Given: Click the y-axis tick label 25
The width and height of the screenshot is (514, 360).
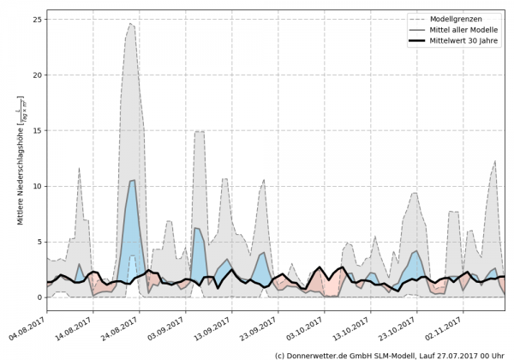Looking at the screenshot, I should [37, 20].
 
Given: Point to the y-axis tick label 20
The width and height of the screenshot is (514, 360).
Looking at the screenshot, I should [37, 75].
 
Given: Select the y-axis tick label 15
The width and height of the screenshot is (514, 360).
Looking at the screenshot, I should [37, 131].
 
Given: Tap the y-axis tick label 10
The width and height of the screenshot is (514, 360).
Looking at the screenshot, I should [37, 187].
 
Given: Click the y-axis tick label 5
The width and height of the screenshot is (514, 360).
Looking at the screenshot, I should [39, 243].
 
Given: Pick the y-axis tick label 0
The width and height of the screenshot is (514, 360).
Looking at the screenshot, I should [39, 297].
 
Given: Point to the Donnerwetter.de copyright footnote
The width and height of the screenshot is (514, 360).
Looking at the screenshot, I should [389, 354].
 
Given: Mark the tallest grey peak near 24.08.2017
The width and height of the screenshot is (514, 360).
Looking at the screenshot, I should [131, 25].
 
